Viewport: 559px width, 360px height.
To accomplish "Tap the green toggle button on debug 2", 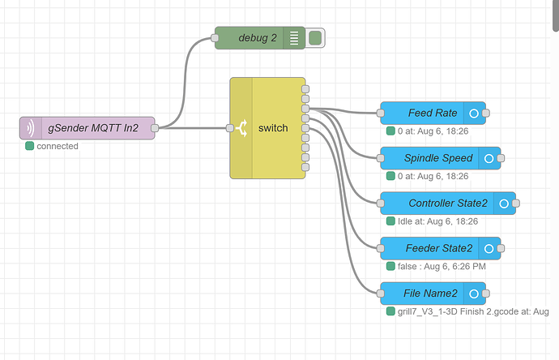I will (315, 37).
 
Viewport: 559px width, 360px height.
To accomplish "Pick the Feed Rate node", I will (432, 113).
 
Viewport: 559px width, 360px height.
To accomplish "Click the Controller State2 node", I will (447, 204).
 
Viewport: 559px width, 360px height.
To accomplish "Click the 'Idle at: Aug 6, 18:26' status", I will (437, 221).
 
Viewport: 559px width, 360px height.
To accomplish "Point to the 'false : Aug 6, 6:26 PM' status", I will (442, 266).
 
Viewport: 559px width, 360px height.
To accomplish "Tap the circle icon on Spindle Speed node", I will (489, 158).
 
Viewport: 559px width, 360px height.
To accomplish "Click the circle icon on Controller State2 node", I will (504, 204).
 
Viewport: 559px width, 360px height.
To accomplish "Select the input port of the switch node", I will (231, 128).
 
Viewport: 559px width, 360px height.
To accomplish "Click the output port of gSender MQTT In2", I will (155, 128).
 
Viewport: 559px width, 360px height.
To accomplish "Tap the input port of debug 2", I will (215, 37).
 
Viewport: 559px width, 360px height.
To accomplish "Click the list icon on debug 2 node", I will (294, 37).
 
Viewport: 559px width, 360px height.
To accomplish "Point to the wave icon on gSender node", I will (30, 128).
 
